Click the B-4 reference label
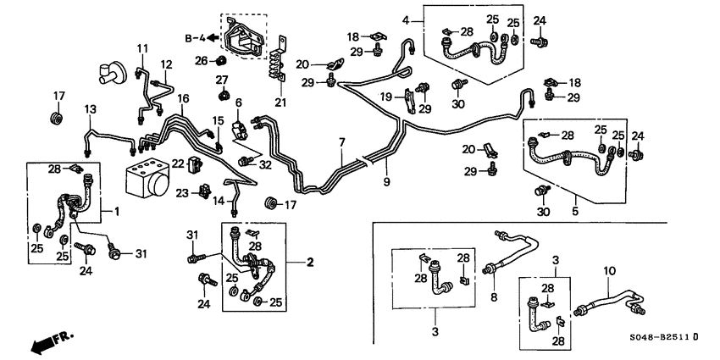pos(196,37)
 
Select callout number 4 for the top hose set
pos(407,19)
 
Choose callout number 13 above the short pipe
pos(91,109)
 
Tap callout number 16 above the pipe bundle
pos(182,99)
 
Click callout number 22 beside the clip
pos(177,163)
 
